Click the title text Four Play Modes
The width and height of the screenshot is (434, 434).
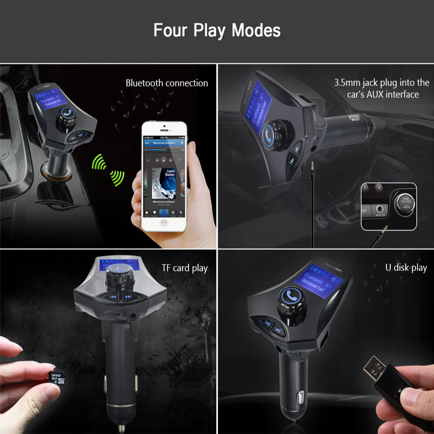tap(217, 31)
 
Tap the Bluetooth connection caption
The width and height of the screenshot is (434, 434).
tap(167, 83)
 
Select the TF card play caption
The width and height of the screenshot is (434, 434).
tap(184, 268)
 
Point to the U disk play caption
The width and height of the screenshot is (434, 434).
tap(406, 267)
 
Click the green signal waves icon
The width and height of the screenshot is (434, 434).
tap(108, 170)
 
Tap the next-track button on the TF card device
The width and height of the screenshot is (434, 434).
tap(128, 297)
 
